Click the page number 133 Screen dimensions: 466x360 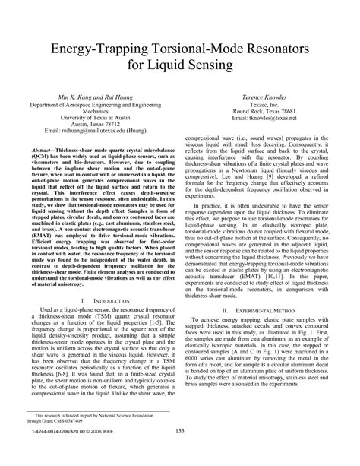coord(180,453)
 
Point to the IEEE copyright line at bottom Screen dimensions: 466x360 coord(66,454)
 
